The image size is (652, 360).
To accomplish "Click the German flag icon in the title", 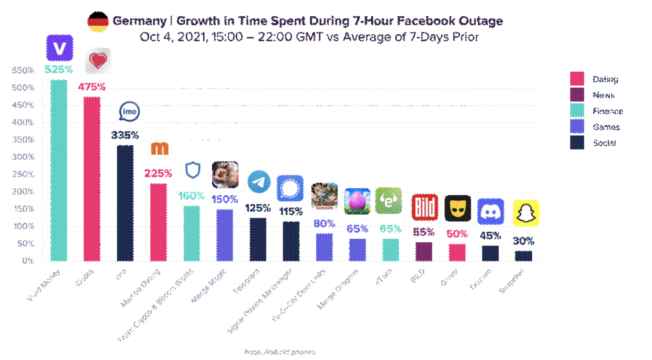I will [x=98, y=22].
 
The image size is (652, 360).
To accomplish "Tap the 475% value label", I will [x=91, y=87].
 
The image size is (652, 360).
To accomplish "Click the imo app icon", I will [x=129, y=112].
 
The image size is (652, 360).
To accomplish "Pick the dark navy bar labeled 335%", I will [x=125, y=203].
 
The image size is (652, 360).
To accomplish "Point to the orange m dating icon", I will [x=159, y=149].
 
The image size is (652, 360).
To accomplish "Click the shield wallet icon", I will [x=192, y=170].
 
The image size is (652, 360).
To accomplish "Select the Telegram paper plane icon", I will [x=259, y=182].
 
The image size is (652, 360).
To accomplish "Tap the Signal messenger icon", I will [x=290, y=188].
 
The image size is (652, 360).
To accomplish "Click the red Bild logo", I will [x=424, y=207].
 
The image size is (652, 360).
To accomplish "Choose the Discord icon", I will [x=490, y=211].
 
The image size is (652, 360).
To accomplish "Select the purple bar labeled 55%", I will [x=424, y=251].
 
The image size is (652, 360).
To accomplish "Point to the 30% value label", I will [x=523, y=241].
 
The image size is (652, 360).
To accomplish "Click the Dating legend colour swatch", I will [x=577, y=79].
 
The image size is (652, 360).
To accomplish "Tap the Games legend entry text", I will [x=606, y=127].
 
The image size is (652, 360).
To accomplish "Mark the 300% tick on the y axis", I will [x=23, y=157].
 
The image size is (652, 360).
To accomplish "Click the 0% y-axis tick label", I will [x=27, y=261].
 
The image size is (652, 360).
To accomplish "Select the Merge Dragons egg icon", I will [x=357, y=201].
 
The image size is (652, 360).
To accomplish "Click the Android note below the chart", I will [x=279, y=352].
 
